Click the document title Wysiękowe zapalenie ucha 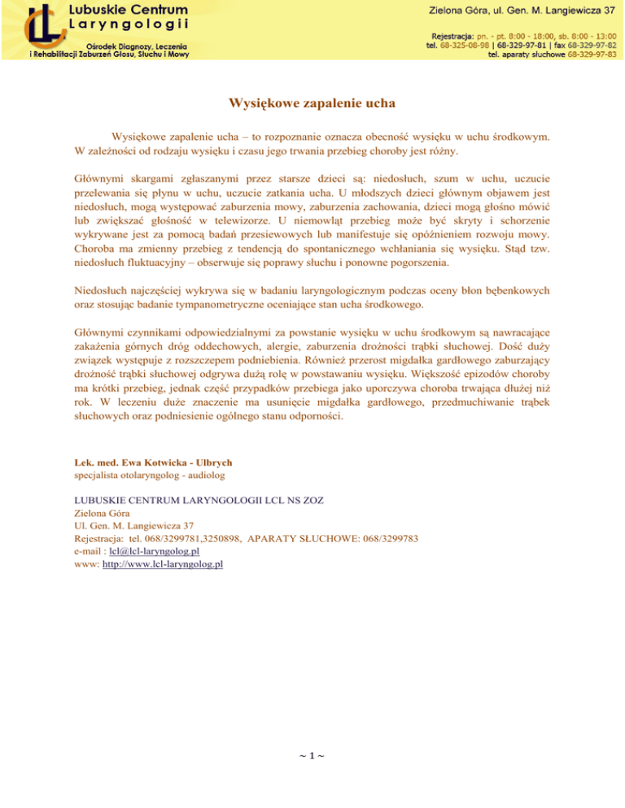coord(312,105)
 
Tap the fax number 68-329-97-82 coord(591,46)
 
